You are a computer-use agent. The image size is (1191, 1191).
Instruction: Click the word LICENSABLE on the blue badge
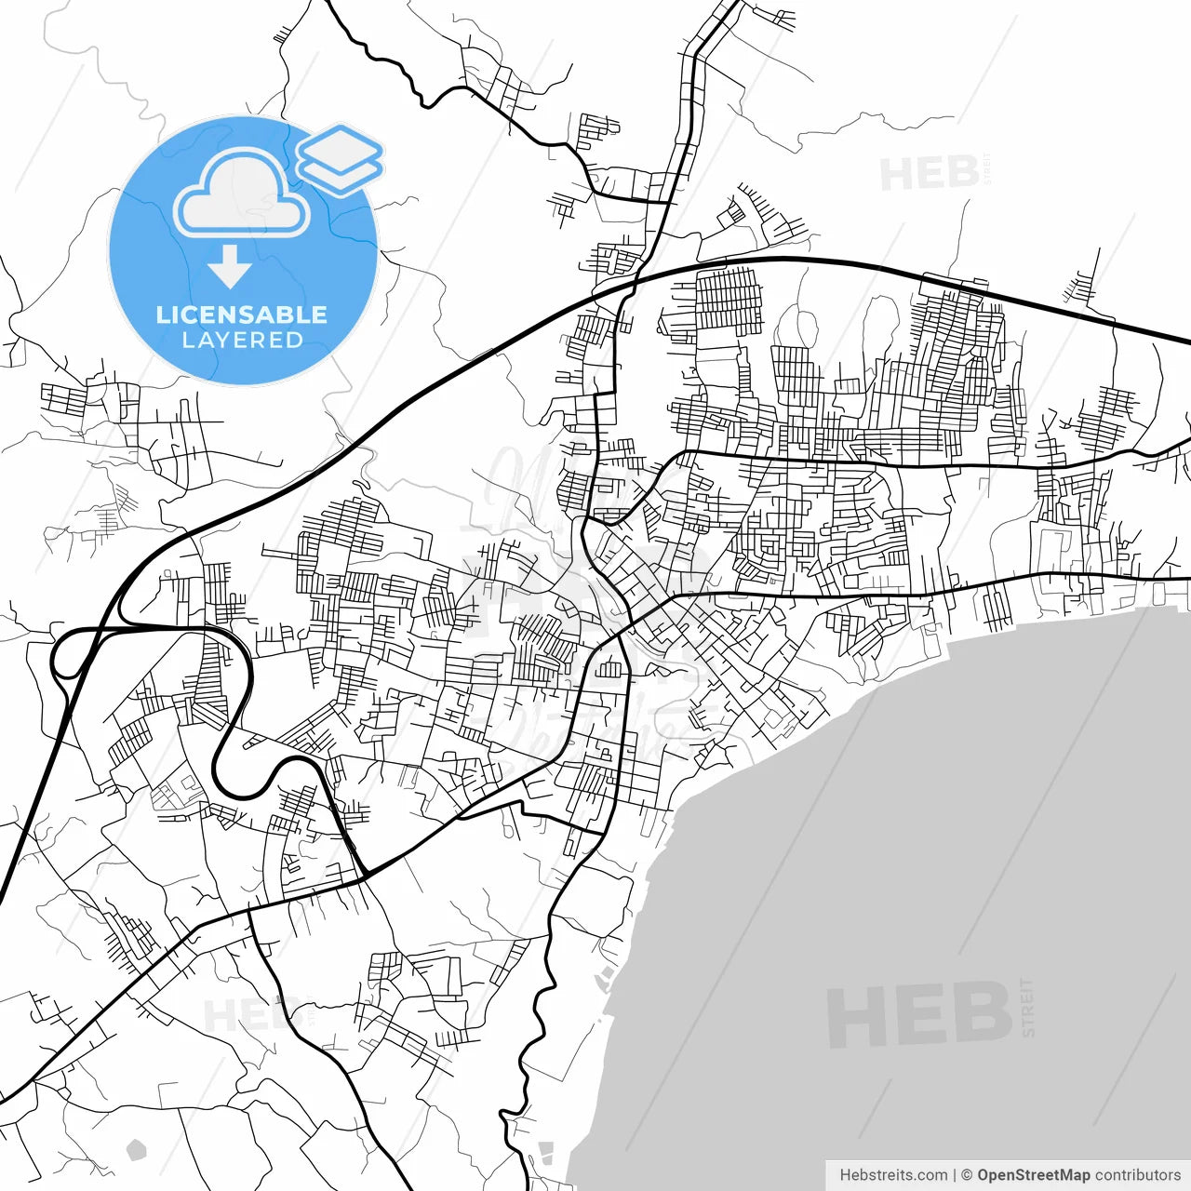pyautogui.click(x=242, y=314)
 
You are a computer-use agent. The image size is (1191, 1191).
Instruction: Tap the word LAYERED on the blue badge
pyautogui.click(x=242, y=341)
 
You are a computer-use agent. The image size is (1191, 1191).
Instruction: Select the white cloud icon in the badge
pyautogui.click(x=242, y=195)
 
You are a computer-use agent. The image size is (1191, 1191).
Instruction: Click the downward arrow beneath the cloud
pyautogui.click(x=229, y=267)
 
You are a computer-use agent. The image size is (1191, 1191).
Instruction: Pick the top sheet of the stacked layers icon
pyautogui.click(x=340, y=146)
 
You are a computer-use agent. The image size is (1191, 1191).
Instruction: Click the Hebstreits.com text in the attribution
pyautogui.click(x=893, y=1175)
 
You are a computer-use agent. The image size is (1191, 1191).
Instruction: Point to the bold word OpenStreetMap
pyautogui.click(x=1033, y=1175)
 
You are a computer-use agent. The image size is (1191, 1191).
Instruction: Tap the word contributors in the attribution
pyautogui.click(x=1137, y=1175)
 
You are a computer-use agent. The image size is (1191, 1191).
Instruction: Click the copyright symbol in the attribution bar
pyautogui.click(x=967, y=1175)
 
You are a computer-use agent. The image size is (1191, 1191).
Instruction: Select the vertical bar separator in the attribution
pyautogui.click(x=955, y=1175)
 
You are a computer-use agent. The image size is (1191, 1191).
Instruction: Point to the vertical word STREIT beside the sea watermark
pyautogui.click(x=1027, y=1007)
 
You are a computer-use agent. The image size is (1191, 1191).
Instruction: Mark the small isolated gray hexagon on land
pyautogui.click(x=136, y=1149)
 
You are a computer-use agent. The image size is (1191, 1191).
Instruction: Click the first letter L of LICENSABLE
pyautogui.click(x=162, y=314)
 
